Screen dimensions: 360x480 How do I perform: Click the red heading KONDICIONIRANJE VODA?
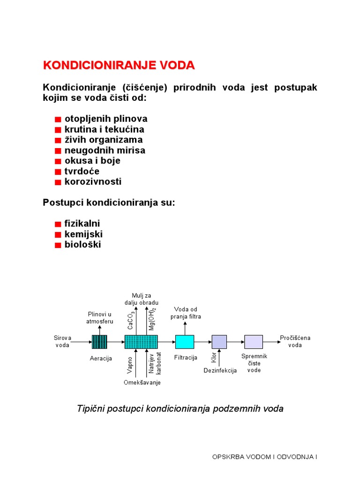tap(119, 65)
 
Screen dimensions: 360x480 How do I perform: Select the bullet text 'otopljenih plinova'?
tap(106, 119)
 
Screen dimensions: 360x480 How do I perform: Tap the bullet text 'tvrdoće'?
tap(82, 171)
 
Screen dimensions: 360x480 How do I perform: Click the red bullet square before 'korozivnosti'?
tap(58, 182)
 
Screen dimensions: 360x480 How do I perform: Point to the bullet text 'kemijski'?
tap(83, 234)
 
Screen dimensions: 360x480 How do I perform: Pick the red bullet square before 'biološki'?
tap(58, 245)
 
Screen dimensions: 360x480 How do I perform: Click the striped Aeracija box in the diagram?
tap(99, 342)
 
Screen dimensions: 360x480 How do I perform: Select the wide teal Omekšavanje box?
tap(141, 342)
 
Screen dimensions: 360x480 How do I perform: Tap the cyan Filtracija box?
tap(185, 342)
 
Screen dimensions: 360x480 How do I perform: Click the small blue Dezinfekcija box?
tap(219, 342)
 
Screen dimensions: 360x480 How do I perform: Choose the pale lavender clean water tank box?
tap(254, 342)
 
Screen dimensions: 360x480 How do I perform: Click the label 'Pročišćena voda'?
tap(295, 341)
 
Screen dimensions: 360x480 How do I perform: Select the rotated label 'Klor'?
tap(214, 358)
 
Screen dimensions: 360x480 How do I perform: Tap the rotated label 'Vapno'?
tap(130, 365)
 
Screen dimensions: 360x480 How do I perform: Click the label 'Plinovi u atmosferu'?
tap(99, 317)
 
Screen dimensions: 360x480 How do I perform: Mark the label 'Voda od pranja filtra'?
tap(186, 313)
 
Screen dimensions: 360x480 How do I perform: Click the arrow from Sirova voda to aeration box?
tap(82, 342)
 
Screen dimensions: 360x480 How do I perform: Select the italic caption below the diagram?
tap(180, 409)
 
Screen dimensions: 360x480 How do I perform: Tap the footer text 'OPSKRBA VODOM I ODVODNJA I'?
tap(265, 456)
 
